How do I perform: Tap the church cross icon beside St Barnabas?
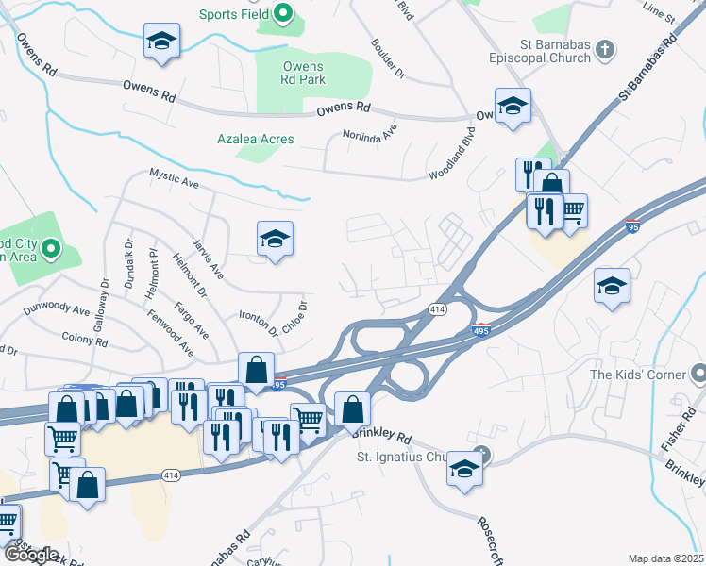[606, 49]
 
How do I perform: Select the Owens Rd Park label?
[302, 74]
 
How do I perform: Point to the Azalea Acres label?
[255, 139]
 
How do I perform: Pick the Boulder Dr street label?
[388, 58]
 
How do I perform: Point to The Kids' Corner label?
[642, 375]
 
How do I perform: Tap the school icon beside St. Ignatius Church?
[464, 469]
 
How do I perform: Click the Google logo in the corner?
[31, 555]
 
